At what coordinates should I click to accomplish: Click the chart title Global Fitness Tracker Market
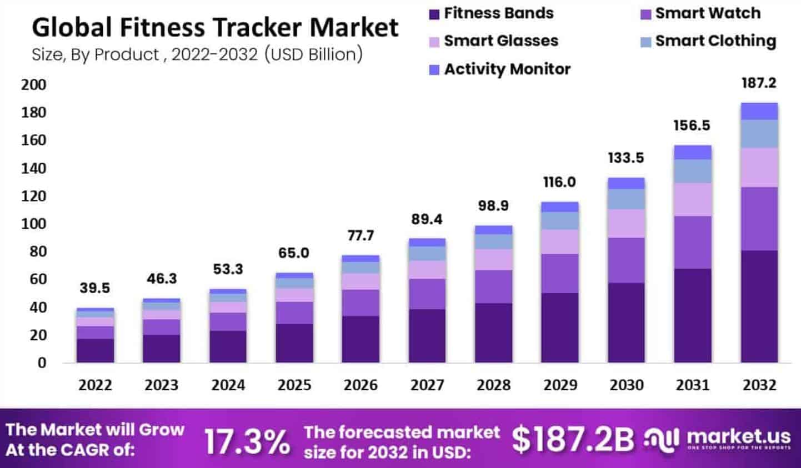[215, 27]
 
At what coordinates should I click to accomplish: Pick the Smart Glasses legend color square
[434, 42]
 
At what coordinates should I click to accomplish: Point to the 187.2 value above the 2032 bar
[759, 83]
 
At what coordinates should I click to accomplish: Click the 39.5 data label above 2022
[94, 288]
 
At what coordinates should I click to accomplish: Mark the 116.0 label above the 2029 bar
[559, 182]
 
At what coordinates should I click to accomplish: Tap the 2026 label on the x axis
[361, 385]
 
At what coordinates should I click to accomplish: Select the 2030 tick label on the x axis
[626, 385]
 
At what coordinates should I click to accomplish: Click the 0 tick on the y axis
[42, 363]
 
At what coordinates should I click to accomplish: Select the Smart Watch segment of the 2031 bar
[692, 242]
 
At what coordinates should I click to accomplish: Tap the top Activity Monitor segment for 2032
[759, 111]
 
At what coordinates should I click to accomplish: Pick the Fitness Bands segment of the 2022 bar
[95, 350]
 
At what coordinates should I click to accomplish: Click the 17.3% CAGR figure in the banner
[247, 441]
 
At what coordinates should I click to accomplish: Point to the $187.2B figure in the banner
[572, 439]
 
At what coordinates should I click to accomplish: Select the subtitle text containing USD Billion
[197, 54]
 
